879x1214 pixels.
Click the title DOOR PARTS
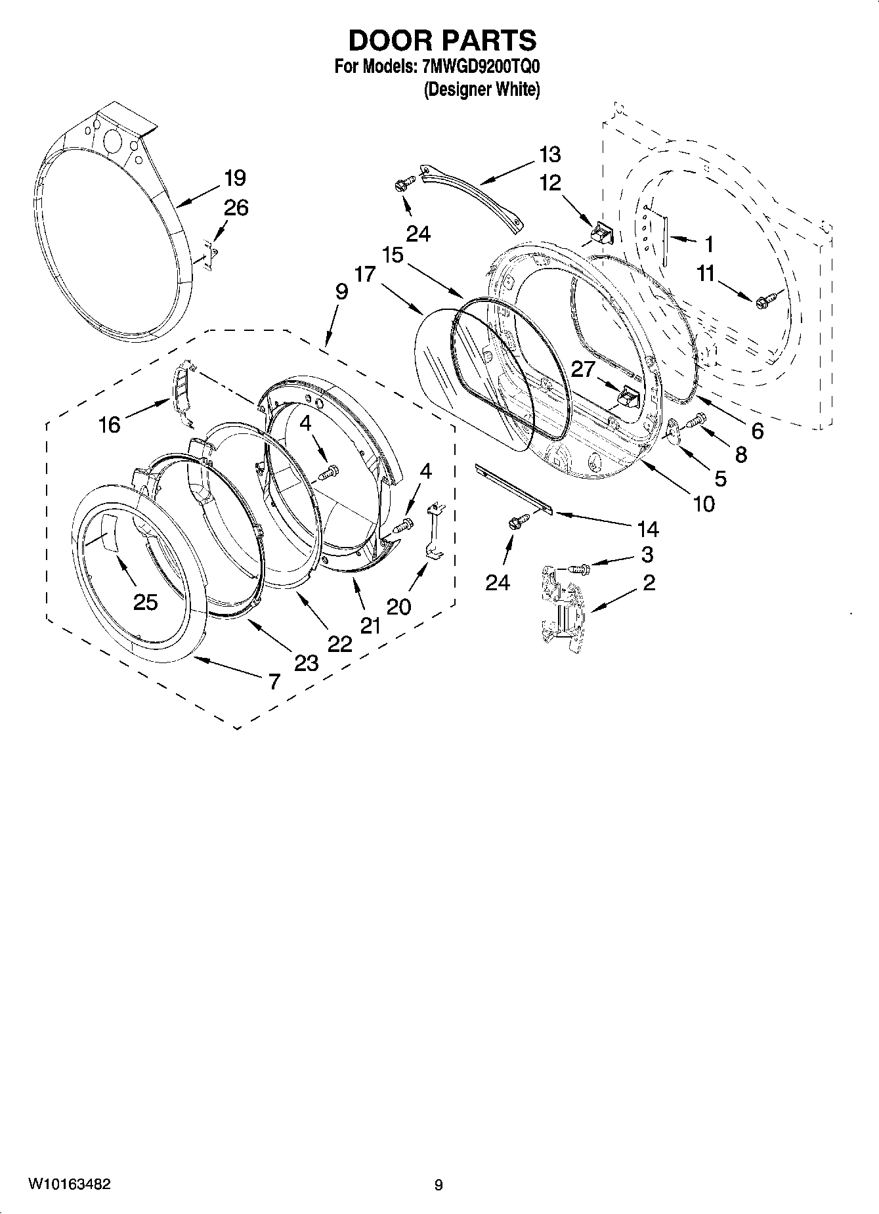[x=442, y=41]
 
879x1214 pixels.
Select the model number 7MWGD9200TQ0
[x=478, y=67]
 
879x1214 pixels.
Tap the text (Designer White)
[x=482, y=89]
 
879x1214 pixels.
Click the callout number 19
[x=234, y=178]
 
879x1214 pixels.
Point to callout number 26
[x=236, y=208]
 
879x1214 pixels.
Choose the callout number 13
[x=550, y=155]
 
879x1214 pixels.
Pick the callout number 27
[x=582, y=369]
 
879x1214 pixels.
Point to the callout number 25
[x=146, y=601]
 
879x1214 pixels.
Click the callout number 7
[x=274, y=682]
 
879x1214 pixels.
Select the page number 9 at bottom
[x=439, y=1185]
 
